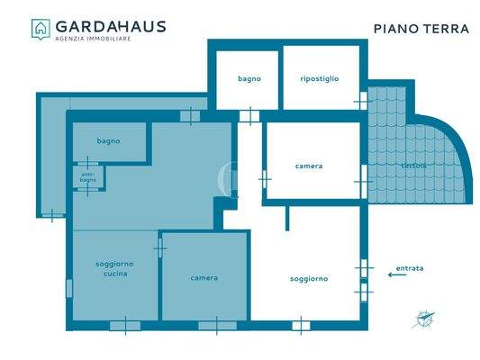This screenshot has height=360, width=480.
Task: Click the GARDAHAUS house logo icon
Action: click(41, 29)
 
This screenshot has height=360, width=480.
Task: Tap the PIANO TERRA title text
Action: click(421, 29)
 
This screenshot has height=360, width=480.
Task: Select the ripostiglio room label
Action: click(320, 79)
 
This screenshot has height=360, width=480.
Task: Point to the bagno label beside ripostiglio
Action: click(249, 79)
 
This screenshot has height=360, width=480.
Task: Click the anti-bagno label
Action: click(88, 177)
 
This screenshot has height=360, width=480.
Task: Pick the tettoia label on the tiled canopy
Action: click(414, 166)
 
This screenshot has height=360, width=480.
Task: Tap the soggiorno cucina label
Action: click(114, 268)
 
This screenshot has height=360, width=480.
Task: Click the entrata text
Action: click(408, 268)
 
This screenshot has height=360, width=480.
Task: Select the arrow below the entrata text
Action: click(395, 276)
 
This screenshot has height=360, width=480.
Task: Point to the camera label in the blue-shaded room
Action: click(204, 278)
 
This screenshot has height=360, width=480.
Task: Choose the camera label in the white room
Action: click(309, 166)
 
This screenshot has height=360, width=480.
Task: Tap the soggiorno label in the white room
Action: click(309, 278)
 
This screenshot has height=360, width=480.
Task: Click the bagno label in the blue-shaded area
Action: click(109, 141)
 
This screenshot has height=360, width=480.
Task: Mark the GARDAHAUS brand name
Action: click(111, 25)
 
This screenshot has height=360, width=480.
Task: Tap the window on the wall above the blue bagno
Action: click(189, 115)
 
